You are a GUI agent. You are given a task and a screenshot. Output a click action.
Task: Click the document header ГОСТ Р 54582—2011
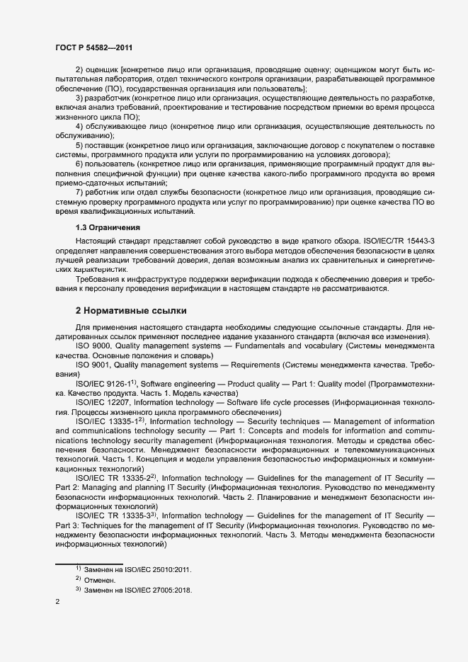[x=93, y=47]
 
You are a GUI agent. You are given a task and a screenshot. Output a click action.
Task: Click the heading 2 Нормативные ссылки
[x=131, y=311]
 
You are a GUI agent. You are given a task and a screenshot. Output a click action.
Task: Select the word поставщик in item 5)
[x=105, y=144]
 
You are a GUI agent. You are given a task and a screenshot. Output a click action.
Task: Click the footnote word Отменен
[x=100, y=580]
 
